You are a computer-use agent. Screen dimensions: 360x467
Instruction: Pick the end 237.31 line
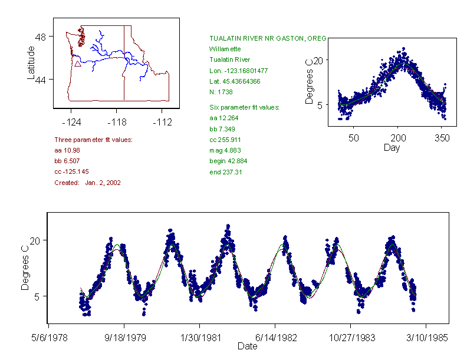coord(226,172)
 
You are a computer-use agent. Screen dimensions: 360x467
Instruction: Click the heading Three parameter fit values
coord(93,140)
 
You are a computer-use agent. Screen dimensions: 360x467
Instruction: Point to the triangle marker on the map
coord(77,64)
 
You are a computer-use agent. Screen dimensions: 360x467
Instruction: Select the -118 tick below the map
coord(116,123)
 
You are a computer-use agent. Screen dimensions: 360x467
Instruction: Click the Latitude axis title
coord(31,63)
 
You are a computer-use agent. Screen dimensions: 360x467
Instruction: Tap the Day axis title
coord(391,147)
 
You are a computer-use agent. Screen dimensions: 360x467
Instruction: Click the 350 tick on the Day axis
coord(442,138)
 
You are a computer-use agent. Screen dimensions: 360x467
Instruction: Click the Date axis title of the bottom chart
coord(247,346)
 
